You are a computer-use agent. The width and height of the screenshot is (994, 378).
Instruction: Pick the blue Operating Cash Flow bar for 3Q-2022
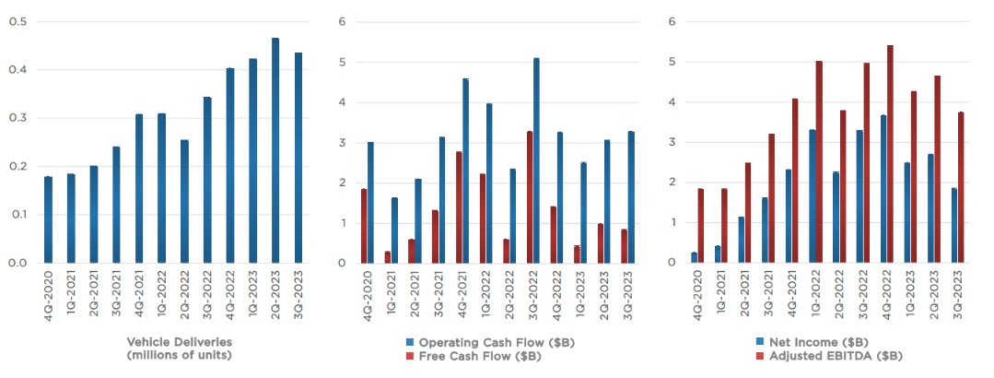536,160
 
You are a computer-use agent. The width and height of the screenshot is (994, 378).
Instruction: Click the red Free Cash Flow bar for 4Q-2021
458,207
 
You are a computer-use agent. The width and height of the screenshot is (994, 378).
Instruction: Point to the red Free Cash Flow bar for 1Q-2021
387,257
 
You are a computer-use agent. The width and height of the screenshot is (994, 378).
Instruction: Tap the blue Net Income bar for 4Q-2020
694,257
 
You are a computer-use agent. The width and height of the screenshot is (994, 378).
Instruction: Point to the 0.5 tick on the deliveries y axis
18,21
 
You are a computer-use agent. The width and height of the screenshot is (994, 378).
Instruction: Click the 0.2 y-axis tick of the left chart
18,166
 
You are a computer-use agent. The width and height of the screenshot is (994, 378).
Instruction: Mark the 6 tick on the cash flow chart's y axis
342,21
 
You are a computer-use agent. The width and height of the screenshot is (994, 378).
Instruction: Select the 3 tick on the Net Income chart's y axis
673,142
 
